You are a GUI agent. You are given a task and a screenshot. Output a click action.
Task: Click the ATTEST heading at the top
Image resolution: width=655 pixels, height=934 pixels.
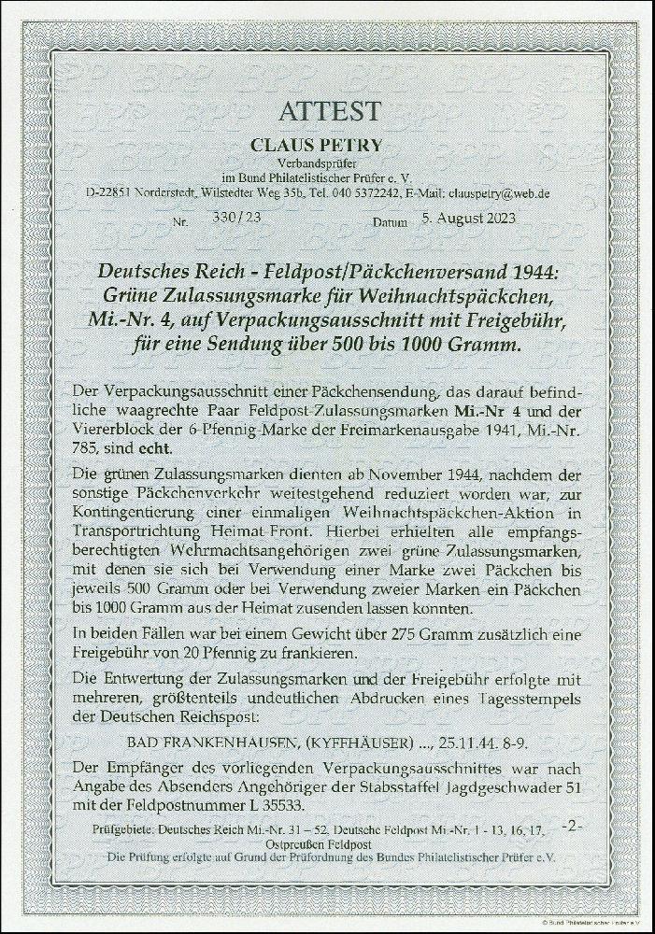(329, 111)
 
